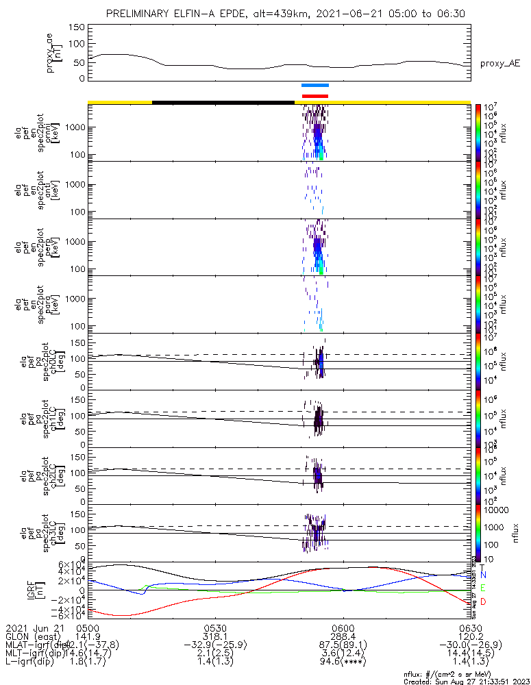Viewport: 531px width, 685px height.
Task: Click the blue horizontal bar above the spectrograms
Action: (x=315, y=86)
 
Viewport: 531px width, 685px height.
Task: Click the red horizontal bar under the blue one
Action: (x=315, y=96)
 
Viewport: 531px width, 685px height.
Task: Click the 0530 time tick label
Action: (x=215, y=627)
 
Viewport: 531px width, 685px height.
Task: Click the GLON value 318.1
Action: (x=215, y=636)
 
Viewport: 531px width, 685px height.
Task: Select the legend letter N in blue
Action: (x=483, y=575)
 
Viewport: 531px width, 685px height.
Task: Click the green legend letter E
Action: (x=483, y=588)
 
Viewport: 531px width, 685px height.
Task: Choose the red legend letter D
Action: (x=483, y=601)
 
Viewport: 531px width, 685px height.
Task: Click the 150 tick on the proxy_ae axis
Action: (x=77, y=27)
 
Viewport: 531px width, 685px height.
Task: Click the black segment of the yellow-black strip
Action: (x=223, y=102)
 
